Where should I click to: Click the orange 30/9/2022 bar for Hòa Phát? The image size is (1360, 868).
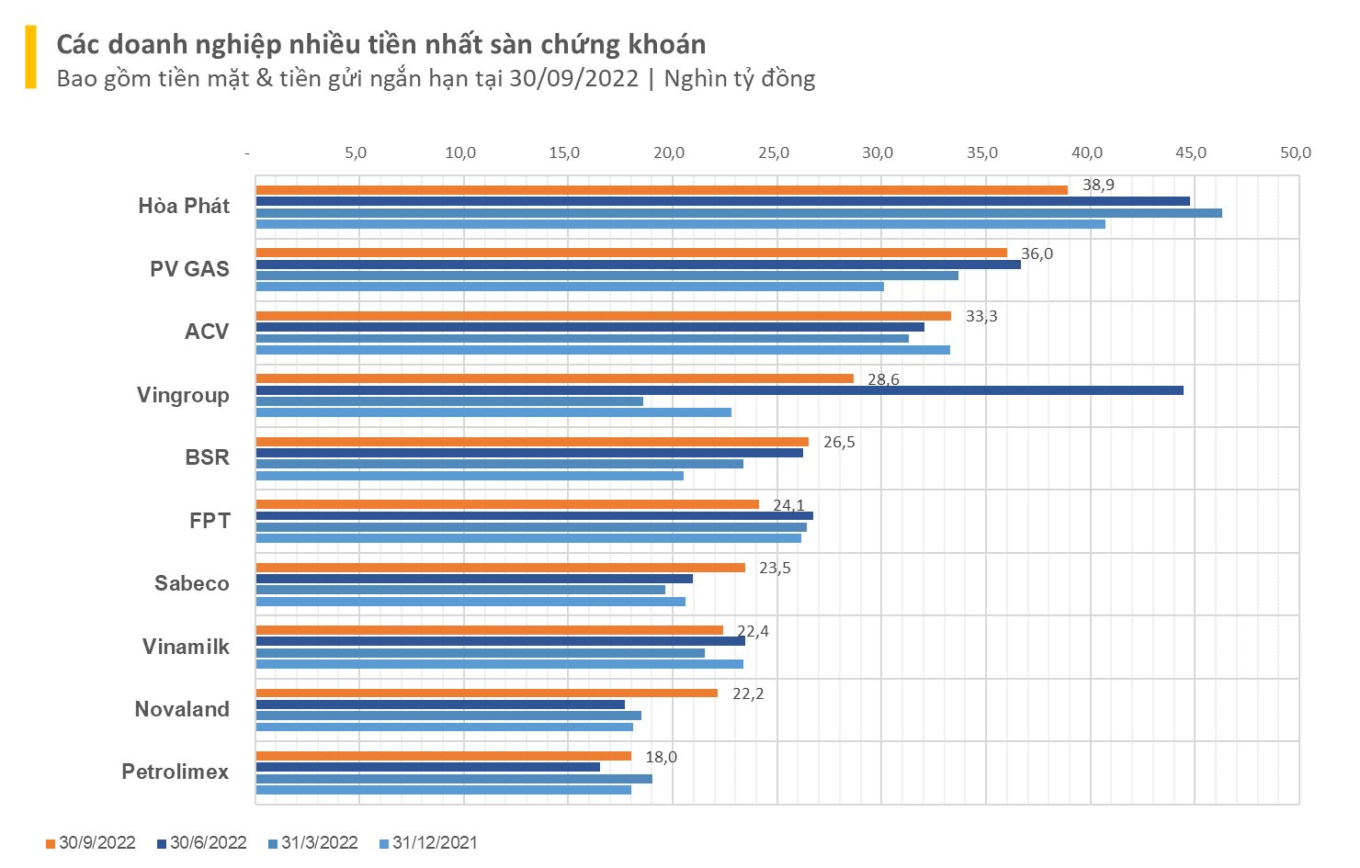coord(662,190)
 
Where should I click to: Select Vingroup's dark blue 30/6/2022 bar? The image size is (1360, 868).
coord(719,390)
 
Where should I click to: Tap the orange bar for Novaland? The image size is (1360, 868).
coord(486,693)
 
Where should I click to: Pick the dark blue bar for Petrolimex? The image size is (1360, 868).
coord(427,767)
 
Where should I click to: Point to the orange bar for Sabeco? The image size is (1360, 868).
coord(500,568)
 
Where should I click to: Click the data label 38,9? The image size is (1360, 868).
coord(1098,186)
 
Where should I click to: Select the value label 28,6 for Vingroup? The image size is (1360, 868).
coord(883,379)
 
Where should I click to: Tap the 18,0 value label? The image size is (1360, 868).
coord(661,757)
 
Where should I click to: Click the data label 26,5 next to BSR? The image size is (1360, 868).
coord(839,443)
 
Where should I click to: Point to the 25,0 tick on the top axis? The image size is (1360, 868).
coord(774,153)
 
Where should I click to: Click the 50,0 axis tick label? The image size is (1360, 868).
coord(1296,153)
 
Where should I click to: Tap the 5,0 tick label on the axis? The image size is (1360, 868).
coord(356,153)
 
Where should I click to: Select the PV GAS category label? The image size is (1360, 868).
coord(189,269)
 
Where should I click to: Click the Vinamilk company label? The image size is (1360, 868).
coord(186,647)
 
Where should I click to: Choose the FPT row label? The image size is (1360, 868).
coord(210,521)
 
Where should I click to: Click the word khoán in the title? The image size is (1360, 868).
coord(661,44)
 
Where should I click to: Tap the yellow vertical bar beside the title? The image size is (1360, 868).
coord(31,57)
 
